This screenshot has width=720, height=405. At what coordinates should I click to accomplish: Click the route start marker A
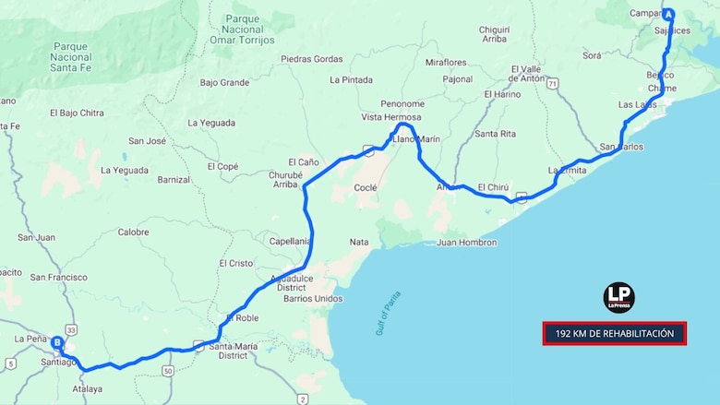(x=667, y=15)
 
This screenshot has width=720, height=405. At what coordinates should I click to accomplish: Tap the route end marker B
(x=57, y=343)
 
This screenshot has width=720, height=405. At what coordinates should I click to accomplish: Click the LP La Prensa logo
(x=618, y=298)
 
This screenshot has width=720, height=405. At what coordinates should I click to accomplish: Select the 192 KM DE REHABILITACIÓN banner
(x=614, y=333)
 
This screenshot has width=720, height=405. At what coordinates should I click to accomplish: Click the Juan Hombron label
(x=465, y=243)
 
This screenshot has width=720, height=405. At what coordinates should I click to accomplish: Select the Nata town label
(x=359, y=242)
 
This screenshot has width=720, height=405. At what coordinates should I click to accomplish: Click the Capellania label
(x=288, y=241)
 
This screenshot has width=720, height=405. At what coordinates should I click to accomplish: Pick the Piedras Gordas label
(x=311, y=59)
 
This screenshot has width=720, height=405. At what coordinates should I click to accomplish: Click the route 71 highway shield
(x=552, y=83)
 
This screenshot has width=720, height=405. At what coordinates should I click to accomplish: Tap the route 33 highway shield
(x=71, y=328)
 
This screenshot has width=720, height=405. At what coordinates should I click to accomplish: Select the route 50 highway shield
(x=168, y=371)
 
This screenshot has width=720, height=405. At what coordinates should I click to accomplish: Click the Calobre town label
(x=133, y=232)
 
